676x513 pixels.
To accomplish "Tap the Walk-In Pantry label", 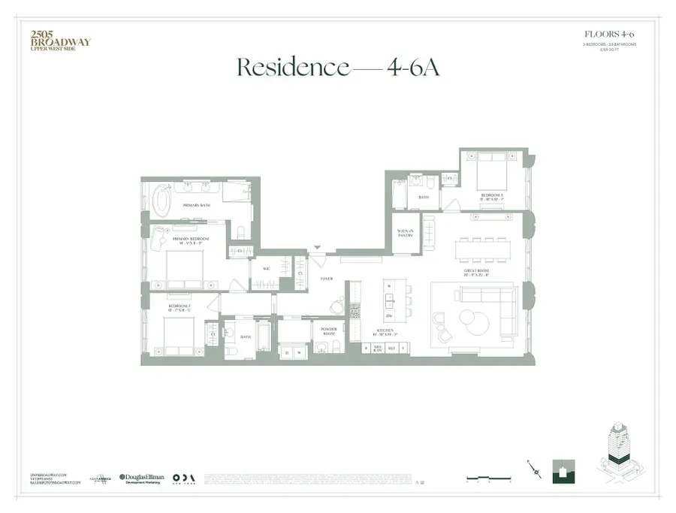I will (406, 234).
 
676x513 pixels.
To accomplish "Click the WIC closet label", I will (266, 268).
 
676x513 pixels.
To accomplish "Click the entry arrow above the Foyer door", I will (318, 248).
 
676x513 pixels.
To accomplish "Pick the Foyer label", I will (327, 279).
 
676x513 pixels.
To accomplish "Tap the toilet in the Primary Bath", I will (240, 232).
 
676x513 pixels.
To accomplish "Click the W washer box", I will (299, 352).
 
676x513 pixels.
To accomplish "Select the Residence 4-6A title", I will (337, 67).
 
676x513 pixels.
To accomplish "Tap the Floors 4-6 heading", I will (610, 34).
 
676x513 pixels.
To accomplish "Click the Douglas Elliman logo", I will (143, 478).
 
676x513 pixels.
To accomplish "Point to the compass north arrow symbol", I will (534, 470).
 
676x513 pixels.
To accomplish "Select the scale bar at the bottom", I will (487, 478).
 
